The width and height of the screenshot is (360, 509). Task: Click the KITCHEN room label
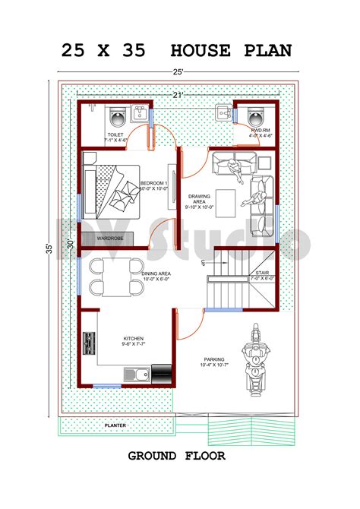pos(133,339)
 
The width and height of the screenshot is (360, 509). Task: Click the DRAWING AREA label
pos(200,201)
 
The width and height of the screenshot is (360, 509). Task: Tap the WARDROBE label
pos(110,239)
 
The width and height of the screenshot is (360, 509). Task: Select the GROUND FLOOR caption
pos(176,456)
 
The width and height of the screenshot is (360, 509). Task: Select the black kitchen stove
pos(162,372)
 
